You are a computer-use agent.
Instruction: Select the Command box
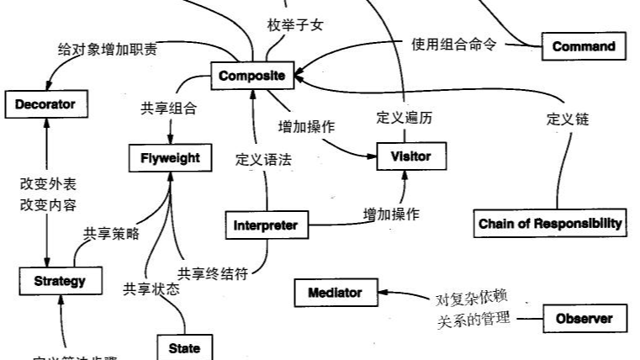pyautogui.click(x=584, y=47)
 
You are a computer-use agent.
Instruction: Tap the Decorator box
pyautogui.click(x=45, y=104)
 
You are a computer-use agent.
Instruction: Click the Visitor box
pyautogui.click(x=410, y=156)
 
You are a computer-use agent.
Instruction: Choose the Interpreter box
pyautogui.click(x=266, y=225)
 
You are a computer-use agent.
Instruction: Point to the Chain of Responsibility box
pyautogui.click(x=550, y=223)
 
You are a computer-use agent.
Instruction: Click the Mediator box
pyautogui.click(x=335, y=293)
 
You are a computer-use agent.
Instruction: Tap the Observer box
pyautogui.click(x=584, y=319)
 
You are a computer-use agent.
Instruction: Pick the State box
pyautogui.click(x=184, y=347)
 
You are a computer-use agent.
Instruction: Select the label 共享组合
pyautogui.click(x=168, y=108)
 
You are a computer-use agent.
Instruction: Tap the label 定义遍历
pyautogui.click(x=405, y=119)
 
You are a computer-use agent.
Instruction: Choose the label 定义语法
pyautogui.click(x=263, y=159)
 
